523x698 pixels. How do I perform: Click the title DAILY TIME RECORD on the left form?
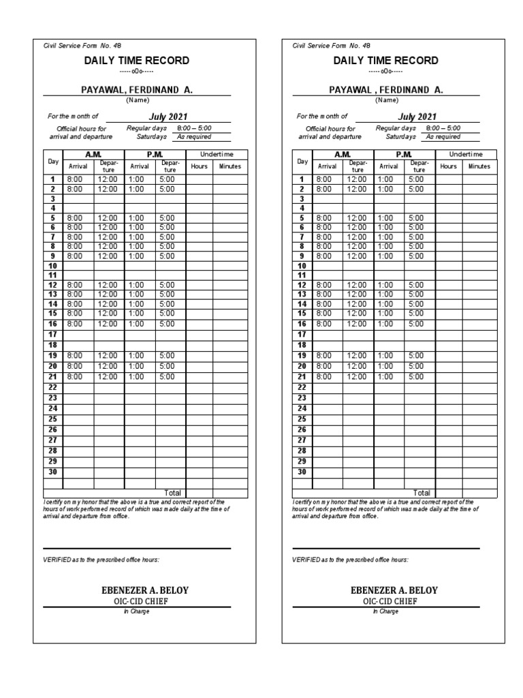(x=136, y=61)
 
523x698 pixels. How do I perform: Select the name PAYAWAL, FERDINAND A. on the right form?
(x=386, y=89)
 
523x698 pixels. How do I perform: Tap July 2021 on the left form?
(x=168, y=117)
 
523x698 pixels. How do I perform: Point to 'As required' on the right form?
(x=443, y=136)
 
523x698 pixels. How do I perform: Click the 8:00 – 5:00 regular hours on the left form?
(x=193, y=127)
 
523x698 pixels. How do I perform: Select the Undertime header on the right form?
(x=466, y=155)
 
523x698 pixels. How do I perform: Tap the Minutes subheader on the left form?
(x=230, y=166)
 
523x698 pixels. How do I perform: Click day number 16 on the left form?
(x=53, y=324)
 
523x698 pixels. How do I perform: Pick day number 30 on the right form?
(x=302, y=472)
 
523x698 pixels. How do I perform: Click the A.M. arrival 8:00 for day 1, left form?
(x=74, y=179)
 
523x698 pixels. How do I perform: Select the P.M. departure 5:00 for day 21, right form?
(x=415, y=376)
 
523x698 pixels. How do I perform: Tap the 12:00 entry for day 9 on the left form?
(x=108, y=256)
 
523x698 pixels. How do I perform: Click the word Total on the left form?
(x=173, y=492)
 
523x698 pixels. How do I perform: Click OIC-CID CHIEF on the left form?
(x=136, y=601)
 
